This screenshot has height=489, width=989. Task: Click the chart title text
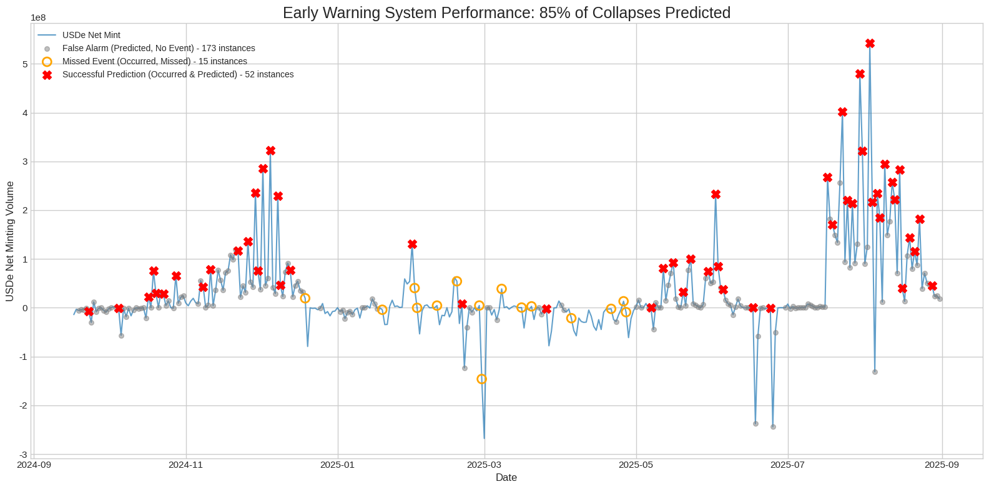(506, 12)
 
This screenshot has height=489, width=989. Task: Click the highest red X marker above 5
(870, 44)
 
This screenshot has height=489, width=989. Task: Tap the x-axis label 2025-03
(485, 465)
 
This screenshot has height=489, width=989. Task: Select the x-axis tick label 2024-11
(186, 465)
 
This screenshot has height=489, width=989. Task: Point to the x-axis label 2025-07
(788, 465)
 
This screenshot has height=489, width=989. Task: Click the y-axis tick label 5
(25, 64)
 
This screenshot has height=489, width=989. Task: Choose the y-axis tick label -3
(24, 455)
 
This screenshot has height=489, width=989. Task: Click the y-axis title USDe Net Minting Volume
(10, 241)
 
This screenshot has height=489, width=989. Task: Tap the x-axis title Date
(506, 478)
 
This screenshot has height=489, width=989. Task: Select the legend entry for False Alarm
(159, 49)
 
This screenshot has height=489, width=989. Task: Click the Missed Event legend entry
(154, 62)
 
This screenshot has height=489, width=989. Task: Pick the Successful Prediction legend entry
(178, 75)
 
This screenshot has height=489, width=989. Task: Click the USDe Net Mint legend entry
(91, 36)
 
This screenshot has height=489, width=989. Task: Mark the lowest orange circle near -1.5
(481, 379)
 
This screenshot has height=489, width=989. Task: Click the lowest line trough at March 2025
(484, 438)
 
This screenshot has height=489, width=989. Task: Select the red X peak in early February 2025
(412, 244)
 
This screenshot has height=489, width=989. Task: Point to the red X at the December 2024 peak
(270, 151)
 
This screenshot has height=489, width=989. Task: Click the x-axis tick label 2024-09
(34, 465)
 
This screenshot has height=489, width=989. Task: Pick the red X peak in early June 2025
(716, 195)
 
